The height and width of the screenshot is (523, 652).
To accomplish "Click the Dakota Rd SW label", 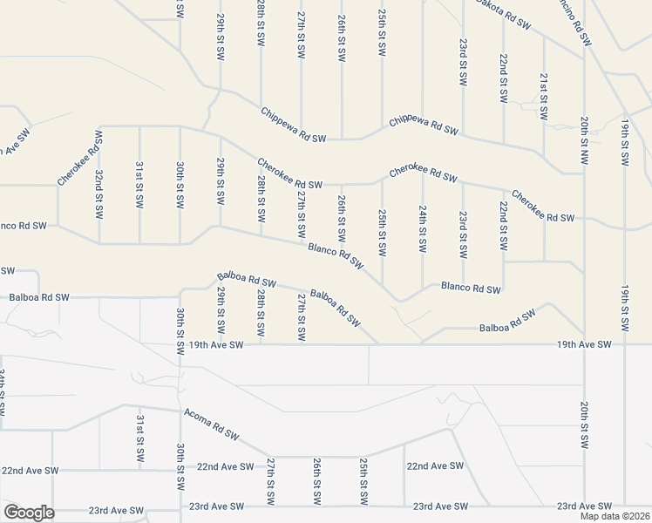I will click(503, 15).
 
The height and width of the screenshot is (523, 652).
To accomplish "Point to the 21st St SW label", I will click(544, 97).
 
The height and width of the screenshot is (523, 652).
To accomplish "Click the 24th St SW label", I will click(422, 229).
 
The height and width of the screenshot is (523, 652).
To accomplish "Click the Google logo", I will click(28, 513).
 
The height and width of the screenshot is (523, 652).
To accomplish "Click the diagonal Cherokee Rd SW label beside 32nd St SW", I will click(80, 158).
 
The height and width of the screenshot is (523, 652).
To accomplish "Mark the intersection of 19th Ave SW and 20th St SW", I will click(584, 344).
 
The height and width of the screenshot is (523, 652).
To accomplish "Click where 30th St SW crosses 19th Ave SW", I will click(180, 344).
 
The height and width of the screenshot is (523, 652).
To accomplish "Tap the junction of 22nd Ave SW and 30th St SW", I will click(180, 468).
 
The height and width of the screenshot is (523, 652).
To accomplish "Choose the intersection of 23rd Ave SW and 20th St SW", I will click(584, 506).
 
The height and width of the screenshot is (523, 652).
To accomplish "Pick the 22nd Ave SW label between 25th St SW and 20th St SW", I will click(435, 466).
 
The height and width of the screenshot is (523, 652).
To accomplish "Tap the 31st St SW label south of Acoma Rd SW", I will click(139, 438).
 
